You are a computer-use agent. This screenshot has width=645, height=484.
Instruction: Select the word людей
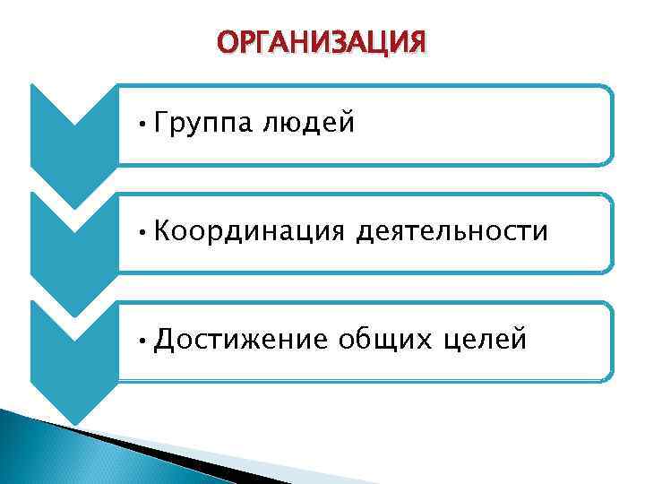[x=309, y=123]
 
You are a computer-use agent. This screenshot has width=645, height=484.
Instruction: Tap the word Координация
[x=248, y=232]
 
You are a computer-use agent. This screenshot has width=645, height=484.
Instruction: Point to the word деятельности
[x=451, y=231]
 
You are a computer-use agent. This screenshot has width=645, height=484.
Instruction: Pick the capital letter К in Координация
[x=162, y=231]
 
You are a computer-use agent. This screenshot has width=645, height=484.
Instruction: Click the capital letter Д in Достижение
[x=163, y=341]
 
